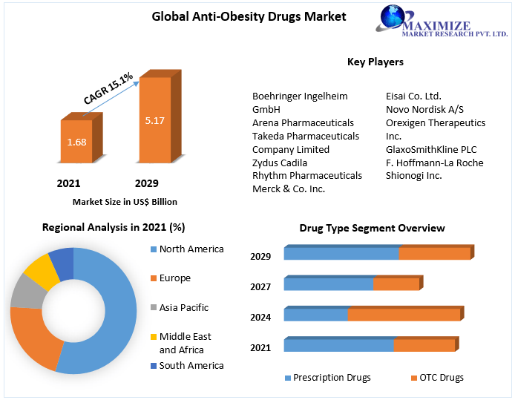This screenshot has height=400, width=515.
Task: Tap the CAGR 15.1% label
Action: coord(108,88)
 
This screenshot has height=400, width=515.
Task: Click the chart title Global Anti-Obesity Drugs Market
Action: coord(249,16)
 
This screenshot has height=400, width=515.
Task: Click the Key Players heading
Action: coord(375,62)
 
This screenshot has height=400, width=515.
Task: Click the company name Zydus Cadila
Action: coord(279,163)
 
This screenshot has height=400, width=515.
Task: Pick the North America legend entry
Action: coord(191,249)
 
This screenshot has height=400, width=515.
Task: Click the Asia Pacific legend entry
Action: coord(183,307)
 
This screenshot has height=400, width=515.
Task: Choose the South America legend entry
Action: coord(191,365)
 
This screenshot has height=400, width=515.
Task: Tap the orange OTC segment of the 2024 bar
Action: coord(404,315)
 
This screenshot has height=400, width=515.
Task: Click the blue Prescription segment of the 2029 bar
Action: coord(341,254)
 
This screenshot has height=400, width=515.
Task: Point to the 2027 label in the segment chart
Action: coord(260,286)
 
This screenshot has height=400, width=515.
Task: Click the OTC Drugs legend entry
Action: coord(441,378)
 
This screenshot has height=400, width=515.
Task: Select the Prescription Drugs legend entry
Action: coord(331,378)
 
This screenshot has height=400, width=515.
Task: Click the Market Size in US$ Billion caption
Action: coord(125,201)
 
